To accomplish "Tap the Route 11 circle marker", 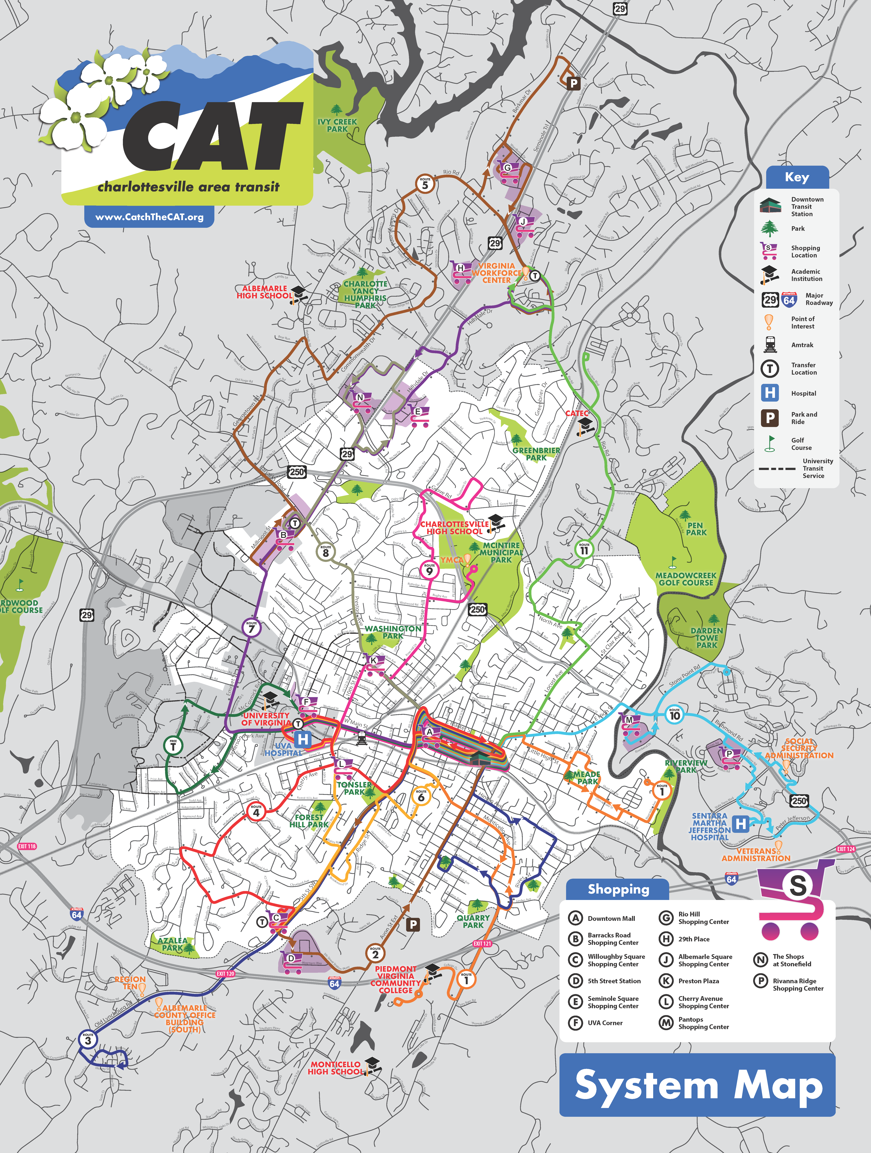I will (584, 549).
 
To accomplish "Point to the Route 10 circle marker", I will (674, 714).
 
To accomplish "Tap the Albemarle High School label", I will (264, 292).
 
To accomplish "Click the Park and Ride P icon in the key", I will (770, 418).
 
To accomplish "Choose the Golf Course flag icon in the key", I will (770, 444).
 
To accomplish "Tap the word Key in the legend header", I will (797, 177).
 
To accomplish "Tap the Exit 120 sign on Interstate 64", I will (225, 974).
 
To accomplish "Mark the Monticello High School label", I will (335, 1068).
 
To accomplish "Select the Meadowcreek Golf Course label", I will (686, 579).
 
